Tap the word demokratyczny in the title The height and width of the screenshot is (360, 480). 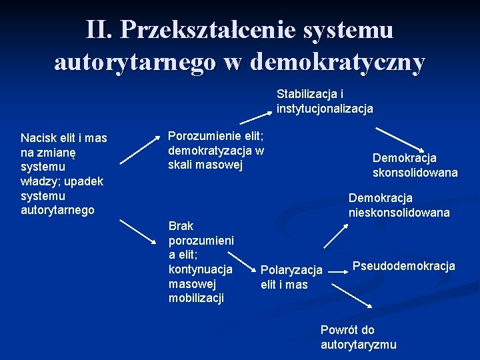[x=337, y=62]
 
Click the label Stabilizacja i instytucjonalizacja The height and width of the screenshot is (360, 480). [x=325, y=101]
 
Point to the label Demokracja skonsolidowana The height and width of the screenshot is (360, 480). [x=415, y=165]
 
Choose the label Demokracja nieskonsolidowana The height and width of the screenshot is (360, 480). [x=399, y=205]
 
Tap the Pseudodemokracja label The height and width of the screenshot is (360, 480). [x=403, y=266]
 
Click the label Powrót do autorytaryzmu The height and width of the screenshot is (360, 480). [x=358, y=337]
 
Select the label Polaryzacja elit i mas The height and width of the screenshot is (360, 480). [x=291, y=277]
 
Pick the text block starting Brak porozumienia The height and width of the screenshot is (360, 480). [x=201, y=261]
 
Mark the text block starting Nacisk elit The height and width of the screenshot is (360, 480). [x=63, y=173]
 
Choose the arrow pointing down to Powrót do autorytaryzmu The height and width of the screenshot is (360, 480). [x=353, y=294]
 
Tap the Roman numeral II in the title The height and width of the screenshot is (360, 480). [x=99, y=29]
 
